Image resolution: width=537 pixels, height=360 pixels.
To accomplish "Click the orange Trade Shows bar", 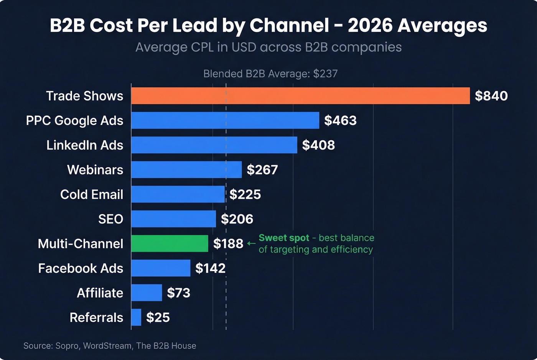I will coord(300,96).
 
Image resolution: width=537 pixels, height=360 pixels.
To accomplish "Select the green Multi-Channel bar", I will coord(170,243).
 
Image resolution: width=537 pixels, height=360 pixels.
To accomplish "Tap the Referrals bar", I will coord(136,317).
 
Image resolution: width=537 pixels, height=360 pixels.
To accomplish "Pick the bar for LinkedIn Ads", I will coord(214,145).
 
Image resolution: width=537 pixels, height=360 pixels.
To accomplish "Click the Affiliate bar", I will coord(147,293).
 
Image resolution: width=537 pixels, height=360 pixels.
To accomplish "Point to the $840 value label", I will coord(491,96).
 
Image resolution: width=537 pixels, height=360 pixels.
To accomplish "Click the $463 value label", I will coord(340,120).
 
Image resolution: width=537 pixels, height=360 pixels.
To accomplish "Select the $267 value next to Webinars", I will coord(262,170).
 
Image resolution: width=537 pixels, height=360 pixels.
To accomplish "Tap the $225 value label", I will coord(245,194).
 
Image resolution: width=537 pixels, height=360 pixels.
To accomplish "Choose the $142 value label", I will coord(210,268).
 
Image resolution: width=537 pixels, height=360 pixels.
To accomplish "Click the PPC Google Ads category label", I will coord(74,120).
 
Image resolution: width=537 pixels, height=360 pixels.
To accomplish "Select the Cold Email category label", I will coord(92,194).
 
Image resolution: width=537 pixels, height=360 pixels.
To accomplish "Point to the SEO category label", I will coord(110,219).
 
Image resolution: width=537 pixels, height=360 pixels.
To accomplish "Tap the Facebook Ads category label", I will coord(81,268).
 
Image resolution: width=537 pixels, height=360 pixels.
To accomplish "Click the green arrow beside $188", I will coord(251,243).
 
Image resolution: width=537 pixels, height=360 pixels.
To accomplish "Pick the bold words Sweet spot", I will coord(284,238).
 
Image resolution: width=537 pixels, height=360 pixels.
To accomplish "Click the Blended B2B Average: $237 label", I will coord(270,74).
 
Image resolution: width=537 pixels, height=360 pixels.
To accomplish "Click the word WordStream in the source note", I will coord(107,346).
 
